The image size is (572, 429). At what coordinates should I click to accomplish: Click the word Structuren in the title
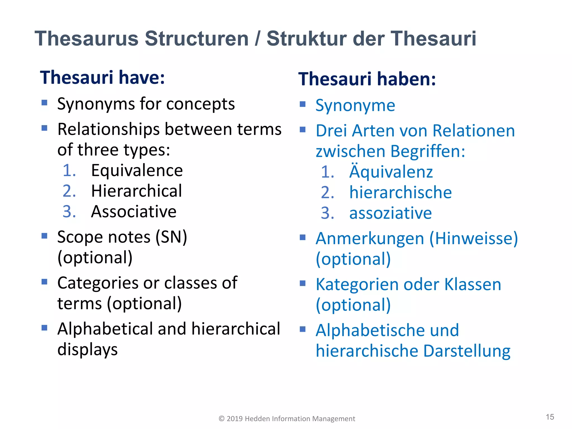point(197,39)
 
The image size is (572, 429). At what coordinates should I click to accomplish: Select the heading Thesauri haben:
point(367,79)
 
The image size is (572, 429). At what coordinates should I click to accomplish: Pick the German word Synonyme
point(355,106)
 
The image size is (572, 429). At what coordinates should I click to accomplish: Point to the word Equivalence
point(137,170)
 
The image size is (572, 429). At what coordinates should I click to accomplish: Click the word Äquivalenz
point(391,171)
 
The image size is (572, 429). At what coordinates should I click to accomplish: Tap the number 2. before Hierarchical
point(69,191)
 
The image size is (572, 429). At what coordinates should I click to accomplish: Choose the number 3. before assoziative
point(328,213)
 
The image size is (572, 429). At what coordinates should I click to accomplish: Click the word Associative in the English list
point(134,212)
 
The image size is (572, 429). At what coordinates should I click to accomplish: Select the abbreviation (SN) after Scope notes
point(171,237)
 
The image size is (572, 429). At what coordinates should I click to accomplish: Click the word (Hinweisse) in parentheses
point(473,239)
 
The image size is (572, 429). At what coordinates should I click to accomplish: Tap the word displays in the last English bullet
point(87,350)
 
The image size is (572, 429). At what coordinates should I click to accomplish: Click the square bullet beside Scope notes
point(44,236)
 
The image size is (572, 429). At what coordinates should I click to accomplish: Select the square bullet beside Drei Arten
point(303,130)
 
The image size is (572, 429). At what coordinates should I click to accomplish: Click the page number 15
point(550,417)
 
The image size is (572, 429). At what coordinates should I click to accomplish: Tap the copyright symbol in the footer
point(221,419)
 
